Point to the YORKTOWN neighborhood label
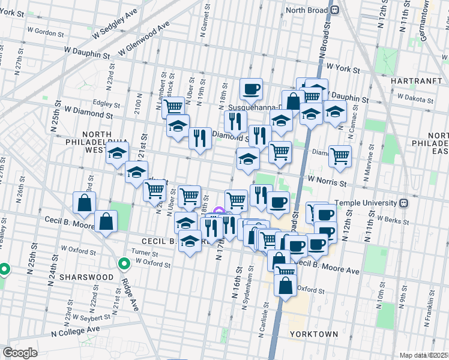(313, 333)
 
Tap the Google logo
(20, 352)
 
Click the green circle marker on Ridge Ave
(124, 263)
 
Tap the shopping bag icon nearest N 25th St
(83, 202)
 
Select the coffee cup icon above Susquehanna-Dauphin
(251, 89)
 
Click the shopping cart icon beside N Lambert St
(173, 107)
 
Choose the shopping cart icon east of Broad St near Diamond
(340, 156)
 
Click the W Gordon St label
(45, 30)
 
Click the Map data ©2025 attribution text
(423, 355)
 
